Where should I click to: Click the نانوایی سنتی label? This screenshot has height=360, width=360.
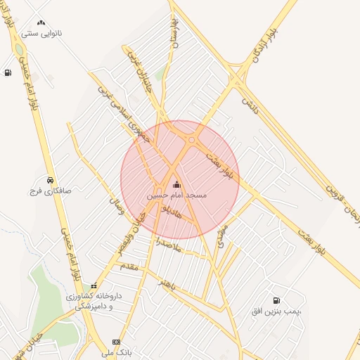43,32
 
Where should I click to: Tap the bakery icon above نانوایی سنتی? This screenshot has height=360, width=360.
41,22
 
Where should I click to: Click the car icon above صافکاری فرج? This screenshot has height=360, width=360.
50,180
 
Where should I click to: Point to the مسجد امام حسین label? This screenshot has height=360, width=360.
176,195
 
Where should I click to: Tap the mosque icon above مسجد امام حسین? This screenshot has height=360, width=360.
176,185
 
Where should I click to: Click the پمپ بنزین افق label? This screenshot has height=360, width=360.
276,310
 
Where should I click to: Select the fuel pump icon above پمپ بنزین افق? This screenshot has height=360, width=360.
276,300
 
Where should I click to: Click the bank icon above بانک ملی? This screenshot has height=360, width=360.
116,342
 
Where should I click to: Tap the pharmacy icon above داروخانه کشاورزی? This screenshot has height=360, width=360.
94,285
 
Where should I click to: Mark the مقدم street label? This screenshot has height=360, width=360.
131,267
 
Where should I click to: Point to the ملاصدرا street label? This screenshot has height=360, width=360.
169,247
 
